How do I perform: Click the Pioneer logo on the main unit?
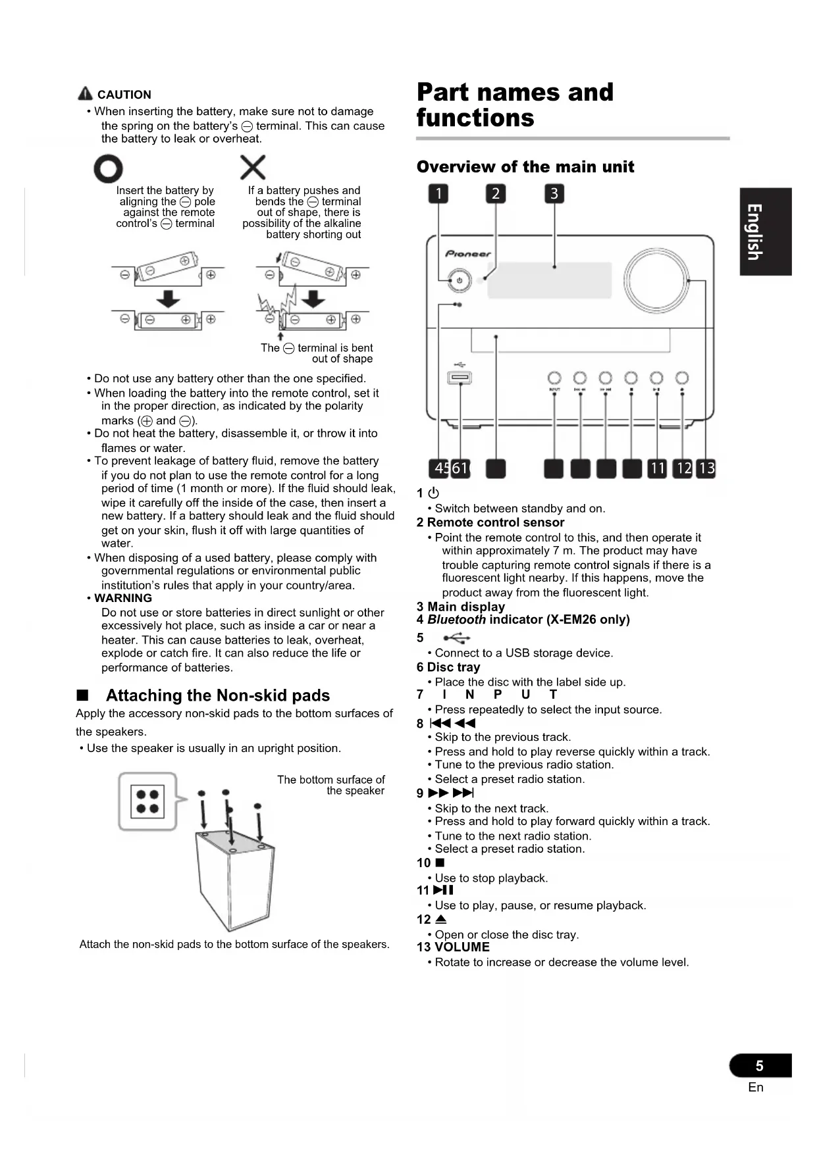point(468,254)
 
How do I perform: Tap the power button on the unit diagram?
point(459,281)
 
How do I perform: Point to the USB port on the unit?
point(460,378)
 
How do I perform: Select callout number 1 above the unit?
point(438,193)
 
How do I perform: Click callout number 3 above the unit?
point(554,193)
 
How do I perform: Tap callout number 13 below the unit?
point(706,468)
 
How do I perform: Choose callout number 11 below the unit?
point(657,468)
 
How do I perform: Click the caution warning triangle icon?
point(85,94)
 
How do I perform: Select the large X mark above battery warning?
point(253,167)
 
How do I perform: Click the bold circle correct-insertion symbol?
point(108,169)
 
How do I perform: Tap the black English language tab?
point(765,232)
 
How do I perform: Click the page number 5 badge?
point(760,1065)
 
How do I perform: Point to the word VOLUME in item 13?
point(462,947)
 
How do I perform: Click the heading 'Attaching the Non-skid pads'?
point(218,695)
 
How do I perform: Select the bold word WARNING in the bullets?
point(123,598)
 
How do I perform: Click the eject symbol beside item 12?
point(441,919)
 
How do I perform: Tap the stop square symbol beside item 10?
point(440,863)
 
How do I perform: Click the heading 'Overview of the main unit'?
point(525,167)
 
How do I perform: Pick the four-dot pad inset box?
point(147,801)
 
